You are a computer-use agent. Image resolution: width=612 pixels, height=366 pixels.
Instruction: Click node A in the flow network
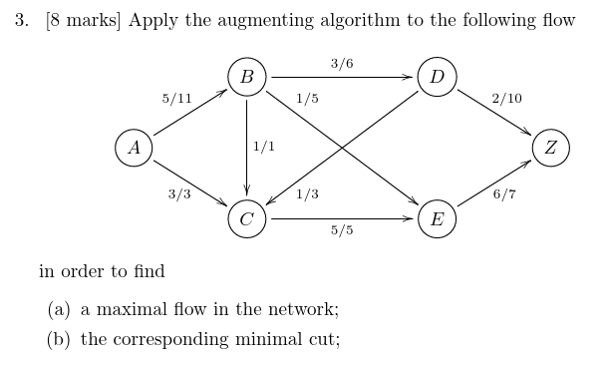pos(134,148)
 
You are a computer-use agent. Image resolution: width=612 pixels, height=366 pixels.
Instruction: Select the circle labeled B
pos(246,77)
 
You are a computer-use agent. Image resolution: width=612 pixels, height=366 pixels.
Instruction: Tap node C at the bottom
pos(246,218)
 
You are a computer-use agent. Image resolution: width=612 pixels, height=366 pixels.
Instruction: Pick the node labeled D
pos(437,77)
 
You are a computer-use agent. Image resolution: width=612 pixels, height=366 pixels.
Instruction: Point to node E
pos(437,218)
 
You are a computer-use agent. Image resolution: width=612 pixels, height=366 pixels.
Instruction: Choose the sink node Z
pos(551,148)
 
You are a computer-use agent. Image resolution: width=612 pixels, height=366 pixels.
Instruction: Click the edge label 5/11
pos(176,99)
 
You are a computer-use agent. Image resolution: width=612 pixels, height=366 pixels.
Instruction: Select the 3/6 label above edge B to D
pos(342,64)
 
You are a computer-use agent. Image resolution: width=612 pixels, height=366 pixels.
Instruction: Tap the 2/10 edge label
pos(506,99)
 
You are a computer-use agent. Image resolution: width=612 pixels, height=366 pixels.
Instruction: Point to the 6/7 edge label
pos(504,193)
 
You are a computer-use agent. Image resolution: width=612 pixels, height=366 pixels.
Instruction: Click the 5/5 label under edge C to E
pos(342,231)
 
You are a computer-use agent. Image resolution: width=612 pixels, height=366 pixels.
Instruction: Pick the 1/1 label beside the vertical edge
pos(264,147)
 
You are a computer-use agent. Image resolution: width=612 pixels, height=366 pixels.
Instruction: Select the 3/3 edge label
pos(178,193)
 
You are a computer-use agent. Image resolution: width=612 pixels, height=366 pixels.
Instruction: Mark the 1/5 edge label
pos(307,99)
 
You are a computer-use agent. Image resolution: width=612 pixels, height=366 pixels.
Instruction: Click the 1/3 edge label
pos(307,193)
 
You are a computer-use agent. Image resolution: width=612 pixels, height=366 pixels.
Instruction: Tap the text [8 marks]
pos(83,21)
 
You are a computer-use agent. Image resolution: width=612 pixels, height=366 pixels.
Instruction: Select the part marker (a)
pos(59,309)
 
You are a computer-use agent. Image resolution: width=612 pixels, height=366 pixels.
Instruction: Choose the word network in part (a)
pos(304,309)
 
